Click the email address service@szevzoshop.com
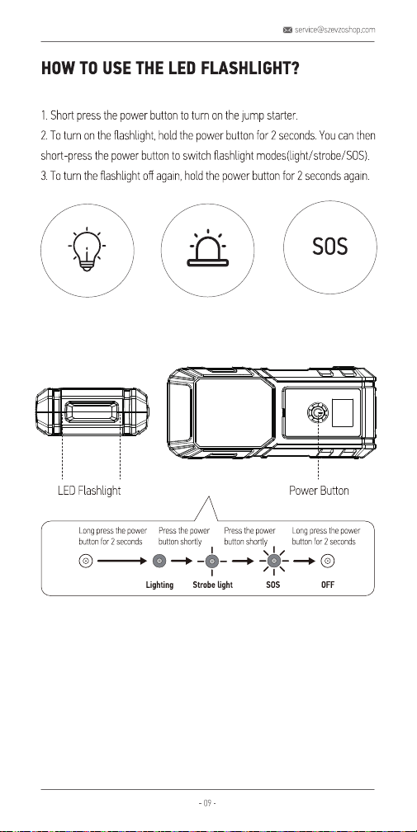[334, 30]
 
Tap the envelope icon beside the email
[288, 30]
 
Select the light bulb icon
[87, 248]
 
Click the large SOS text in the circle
[329, 247]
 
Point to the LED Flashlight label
[89, 491]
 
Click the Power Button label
[319, 491]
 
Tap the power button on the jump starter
[317, 411]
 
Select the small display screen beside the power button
[342, 411]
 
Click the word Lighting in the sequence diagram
[159, 585]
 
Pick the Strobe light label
[212, 585]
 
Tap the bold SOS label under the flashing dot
[273, 585]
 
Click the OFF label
[328, 585]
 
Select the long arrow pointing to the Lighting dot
[121, 561]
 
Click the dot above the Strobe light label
[212, 561]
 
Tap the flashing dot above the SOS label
[273, 561]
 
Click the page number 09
[208, 803]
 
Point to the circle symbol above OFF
[329, 561]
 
